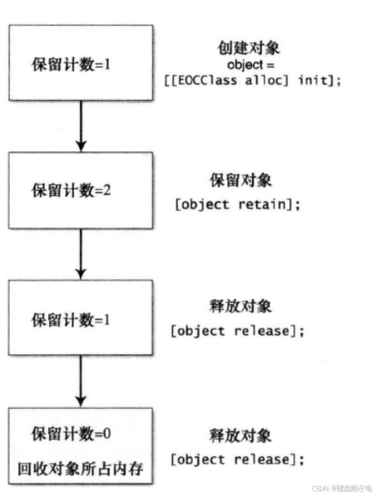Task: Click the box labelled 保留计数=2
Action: (x=81, y=190)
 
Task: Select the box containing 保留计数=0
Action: (x=81, y=445)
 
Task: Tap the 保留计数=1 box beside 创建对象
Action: (x=81, y=63)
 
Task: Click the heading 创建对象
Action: (x=249, y=48)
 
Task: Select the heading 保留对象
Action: (x=241, y=180)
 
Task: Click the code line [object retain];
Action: (x=237, y=205)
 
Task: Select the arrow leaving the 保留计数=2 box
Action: (x=81, y=253)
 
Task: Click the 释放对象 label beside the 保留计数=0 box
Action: (x=241, y=436)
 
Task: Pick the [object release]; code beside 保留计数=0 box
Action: (x=237, y=459)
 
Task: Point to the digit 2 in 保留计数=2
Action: (x=109, y=191)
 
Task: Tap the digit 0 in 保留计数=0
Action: (x=107, y=433)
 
